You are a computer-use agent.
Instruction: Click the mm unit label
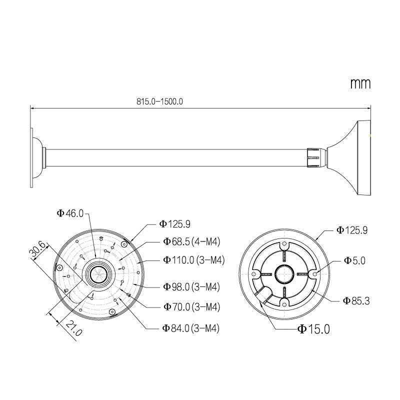(360, 83)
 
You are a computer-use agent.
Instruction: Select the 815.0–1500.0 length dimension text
(160, 100)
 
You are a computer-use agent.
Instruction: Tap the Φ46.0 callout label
(70, 213)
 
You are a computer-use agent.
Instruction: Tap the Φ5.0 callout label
(354, 260)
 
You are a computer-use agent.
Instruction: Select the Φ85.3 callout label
(356, 300)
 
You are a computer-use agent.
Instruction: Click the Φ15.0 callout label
(313, 329)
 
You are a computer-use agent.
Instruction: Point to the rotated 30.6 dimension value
(38, 250)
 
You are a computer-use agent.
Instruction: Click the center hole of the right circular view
(283, 273)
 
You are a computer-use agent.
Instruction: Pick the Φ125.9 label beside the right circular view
(352, 230)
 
